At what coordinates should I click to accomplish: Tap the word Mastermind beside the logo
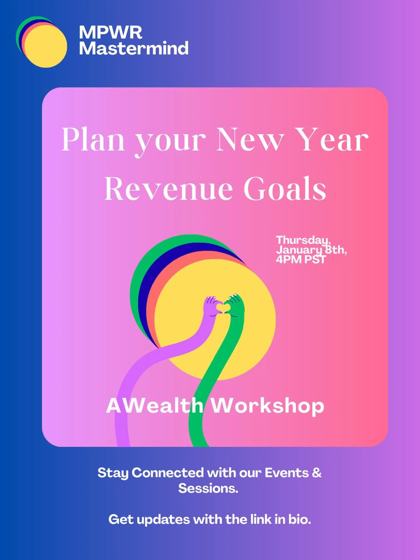[x=134, y=48]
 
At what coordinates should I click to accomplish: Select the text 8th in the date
[x=335, y=250]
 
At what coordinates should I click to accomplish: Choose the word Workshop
[x=267, y=406]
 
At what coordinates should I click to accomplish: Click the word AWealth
[x=155, y=406]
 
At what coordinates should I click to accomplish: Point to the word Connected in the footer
[x=167, y=473]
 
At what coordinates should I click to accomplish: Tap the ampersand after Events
[x=317, y=473]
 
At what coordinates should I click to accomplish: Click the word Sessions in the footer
[x=208, y=488]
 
